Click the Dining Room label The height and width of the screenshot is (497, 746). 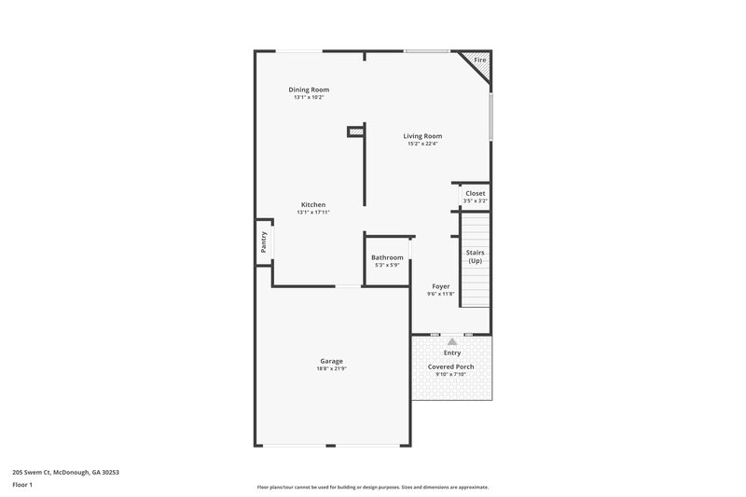[x=309, y=90]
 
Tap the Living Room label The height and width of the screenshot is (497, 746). [x=422, y=136]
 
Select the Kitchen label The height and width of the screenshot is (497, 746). [x=313, y=204]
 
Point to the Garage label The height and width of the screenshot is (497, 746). [x=332, y=361]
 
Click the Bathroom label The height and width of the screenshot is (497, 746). [x=387, y=257]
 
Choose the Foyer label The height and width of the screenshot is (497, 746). [x=441, y=286]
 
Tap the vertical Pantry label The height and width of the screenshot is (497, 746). [x=264, y=242]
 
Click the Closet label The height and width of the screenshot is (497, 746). [x=476, y=193]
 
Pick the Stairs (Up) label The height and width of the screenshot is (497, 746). [x=476, y=256]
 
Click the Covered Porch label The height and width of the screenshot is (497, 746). [x=451, y=366]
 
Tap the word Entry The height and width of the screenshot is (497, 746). [x=452, y=353]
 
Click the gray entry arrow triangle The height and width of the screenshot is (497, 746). [x=452, y=342]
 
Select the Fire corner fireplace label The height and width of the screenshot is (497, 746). [x=480, y=61]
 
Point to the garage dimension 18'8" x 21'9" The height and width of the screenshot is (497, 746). [x=332, y=368]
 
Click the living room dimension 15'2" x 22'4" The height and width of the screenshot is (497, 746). [x=422, y=144]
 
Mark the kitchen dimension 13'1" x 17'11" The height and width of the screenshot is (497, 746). [x=313, y=212]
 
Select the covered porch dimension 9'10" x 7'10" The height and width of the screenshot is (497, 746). [x=451, y=374]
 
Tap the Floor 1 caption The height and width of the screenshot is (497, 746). [x=22, y=485]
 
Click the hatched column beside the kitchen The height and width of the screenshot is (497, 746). [x=355, y=132]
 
